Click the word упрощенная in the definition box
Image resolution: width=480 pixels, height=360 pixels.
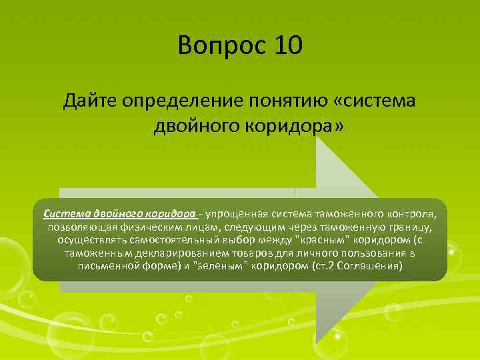point(237,214)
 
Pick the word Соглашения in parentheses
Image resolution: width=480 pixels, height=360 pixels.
point(370,266)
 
